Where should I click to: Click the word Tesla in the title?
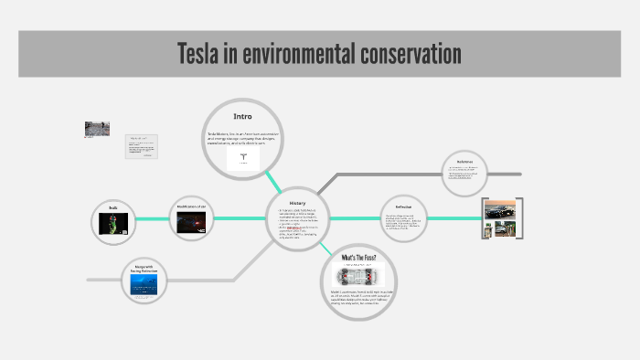coord(204,54)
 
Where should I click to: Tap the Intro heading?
coord(242,116)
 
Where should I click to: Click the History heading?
coord(297,203)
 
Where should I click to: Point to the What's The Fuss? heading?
coord(358,259)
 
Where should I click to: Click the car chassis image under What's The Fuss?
coord(358,276)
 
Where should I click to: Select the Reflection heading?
coord(404,207)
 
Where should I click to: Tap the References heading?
coord(465,161)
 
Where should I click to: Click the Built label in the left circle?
coord(113,208)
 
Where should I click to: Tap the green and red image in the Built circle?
coord(113,225)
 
